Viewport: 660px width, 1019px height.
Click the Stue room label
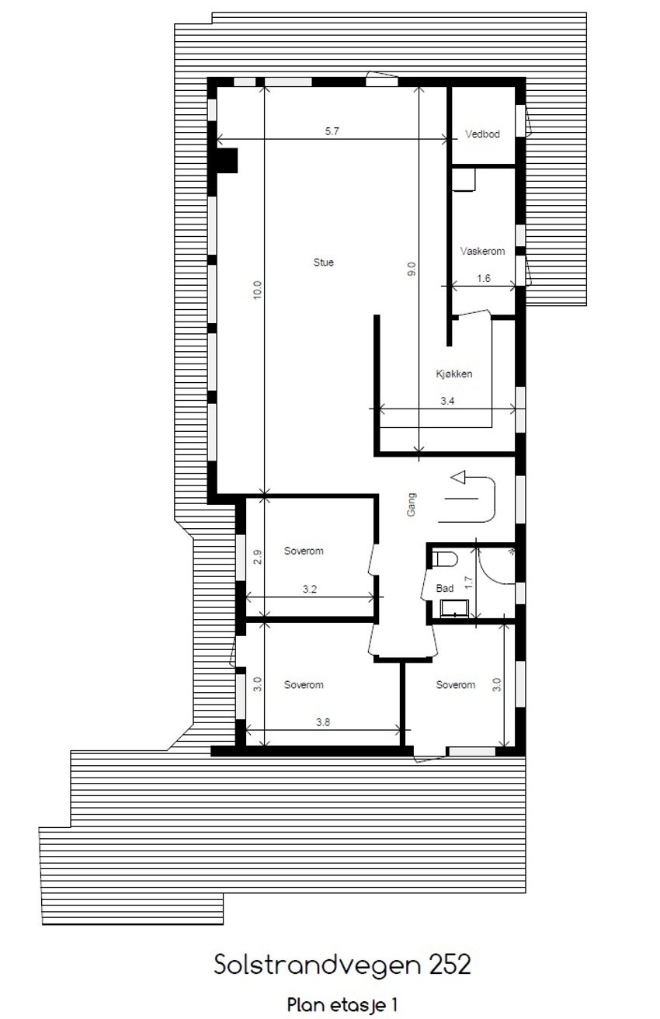[324, 263]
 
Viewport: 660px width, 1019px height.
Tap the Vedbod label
[482, 134]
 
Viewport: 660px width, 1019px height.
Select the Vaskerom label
[482, 251]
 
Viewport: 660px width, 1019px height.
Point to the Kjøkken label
[454, 374]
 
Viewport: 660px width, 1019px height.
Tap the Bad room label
[445, 589]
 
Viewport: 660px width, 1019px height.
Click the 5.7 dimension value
[332, 131]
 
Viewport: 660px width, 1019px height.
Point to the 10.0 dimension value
[258, 290]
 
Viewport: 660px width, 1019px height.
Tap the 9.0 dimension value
[412, 270]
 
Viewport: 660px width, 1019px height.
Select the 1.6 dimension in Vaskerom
[484, 278]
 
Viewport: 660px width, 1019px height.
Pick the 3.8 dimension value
[323, 722]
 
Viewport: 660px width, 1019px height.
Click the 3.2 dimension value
[309, 589]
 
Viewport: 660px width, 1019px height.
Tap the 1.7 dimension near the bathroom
[468, 580]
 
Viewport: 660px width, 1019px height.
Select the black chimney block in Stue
[228, 160]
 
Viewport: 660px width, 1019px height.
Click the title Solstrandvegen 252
[342, 965]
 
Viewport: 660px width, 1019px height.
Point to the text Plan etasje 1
[342, 1004]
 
